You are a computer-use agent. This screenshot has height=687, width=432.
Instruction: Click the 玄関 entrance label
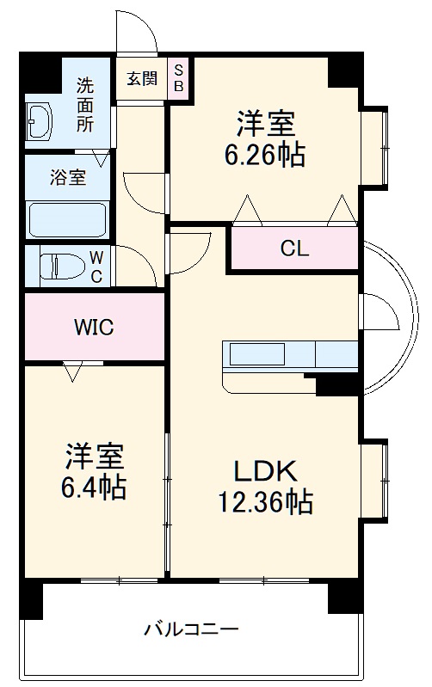142,77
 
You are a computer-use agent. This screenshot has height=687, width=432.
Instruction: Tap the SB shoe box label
179,77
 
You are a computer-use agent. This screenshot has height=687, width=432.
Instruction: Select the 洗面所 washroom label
87,104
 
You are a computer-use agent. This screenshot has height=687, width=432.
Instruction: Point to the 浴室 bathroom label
66,178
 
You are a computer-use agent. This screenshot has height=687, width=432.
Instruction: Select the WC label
97,266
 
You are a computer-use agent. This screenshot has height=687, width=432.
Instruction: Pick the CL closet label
293,249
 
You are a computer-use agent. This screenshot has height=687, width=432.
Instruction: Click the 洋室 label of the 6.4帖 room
94,455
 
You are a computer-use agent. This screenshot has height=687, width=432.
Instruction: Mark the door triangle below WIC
73,371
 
